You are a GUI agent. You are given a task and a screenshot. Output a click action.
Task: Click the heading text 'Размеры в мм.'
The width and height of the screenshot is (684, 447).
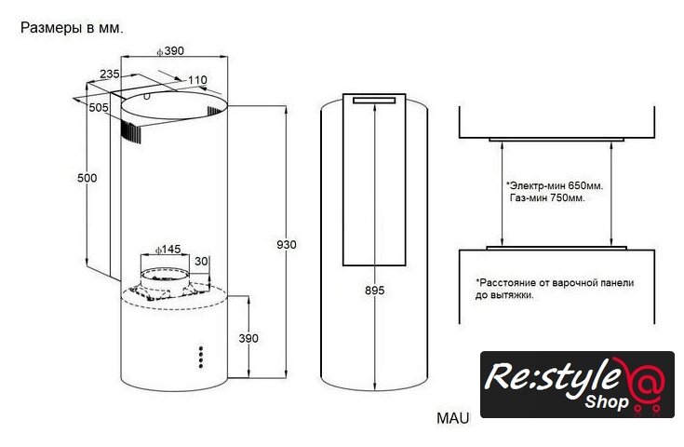pos(72,28)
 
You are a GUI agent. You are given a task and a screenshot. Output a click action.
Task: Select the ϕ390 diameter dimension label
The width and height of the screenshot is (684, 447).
pos(169,51)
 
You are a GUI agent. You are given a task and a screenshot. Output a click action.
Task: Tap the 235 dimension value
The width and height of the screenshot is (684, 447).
pos(110,74)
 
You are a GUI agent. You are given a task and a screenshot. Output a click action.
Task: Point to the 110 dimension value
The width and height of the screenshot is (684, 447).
pos(196,80)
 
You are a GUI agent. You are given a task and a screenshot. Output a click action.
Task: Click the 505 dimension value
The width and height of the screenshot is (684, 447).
pos(99,107)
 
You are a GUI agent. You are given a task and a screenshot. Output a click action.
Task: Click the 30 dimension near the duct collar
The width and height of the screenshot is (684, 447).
pos(201,262)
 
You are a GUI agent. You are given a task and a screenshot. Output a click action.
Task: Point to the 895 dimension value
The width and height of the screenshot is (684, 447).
pos(374,291)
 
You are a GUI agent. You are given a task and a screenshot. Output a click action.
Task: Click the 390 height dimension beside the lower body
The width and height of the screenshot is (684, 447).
pos(248,337)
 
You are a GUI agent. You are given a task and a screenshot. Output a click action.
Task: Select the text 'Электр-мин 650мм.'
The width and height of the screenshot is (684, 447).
pos(549,186)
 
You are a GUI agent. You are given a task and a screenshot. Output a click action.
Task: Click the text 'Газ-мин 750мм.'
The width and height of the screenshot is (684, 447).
pos(547,199)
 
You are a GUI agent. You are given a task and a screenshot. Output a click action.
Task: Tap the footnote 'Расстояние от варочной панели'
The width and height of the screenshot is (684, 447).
pos(555,281)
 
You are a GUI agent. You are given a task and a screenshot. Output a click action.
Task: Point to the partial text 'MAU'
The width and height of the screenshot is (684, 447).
pos(453,418)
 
